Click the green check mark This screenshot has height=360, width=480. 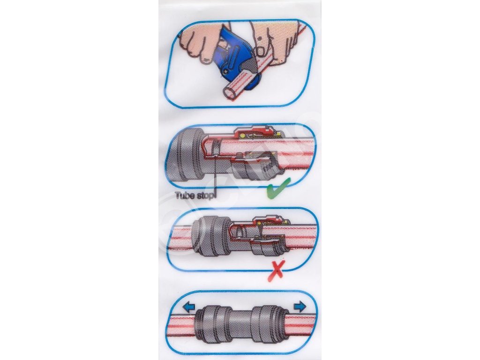(x=277, y=188)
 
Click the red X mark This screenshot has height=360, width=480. (x=276, y=270)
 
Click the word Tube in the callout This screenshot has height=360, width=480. (x=184, y=195)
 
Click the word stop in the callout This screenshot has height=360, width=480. (x=204, y=195)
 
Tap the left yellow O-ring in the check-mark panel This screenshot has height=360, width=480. (x=242, y=135)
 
